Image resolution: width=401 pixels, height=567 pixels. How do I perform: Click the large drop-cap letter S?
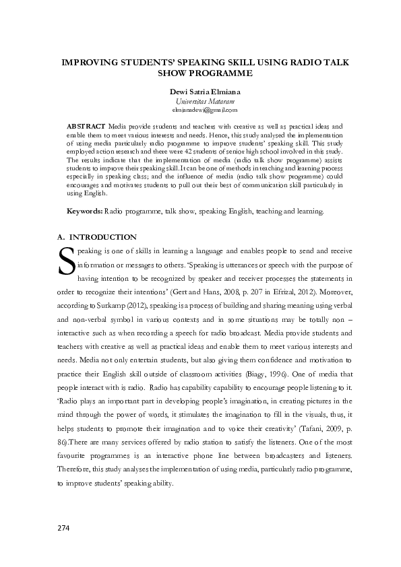click(65, 261)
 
